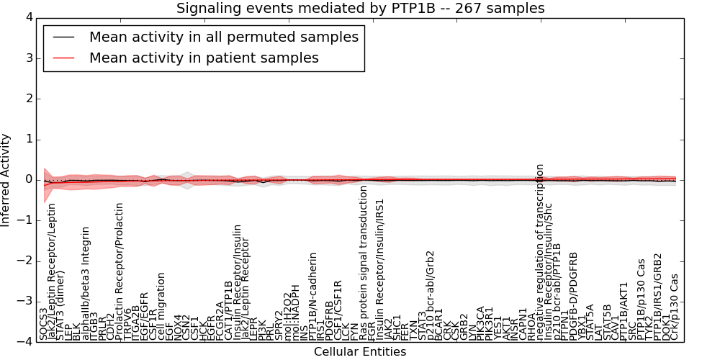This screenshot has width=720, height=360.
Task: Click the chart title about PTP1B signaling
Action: pyautogui.click(x=360, y=9)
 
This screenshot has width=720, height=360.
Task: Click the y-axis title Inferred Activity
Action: pyautogui.click(x=6, y=180)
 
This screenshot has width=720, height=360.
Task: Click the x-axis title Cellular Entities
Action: pyautogui.click(x=360, y=352)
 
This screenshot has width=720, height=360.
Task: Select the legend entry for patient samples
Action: pyautogui.click(x=204, y=58)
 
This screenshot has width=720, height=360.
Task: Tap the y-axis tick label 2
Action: pyautogui.click(x=27, y=99)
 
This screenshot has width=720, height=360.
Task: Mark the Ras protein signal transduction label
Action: pyautogui.click(x=364, y=263)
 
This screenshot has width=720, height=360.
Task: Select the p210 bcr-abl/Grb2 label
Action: pyautogui.click(x=431, y=295)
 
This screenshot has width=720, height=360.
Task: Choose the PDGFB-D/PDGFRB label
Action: pyautogui.click(x=574, y=295)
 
